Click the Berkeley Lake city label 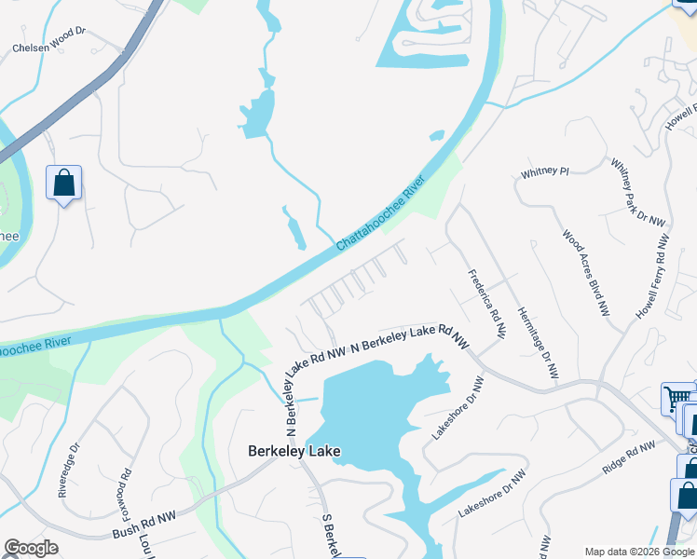[x=294, y=452]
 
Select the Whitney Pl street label [x=544, y=172]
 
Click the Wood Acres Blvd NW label [x=585, y=272]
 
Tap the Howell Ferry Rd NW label [x=652, y=278]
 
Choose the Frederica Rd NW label [x=486, y=304]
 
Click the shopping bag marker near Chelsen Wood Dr [x=63, y=184]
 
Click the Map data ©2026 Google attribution [x=638, y=552]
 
